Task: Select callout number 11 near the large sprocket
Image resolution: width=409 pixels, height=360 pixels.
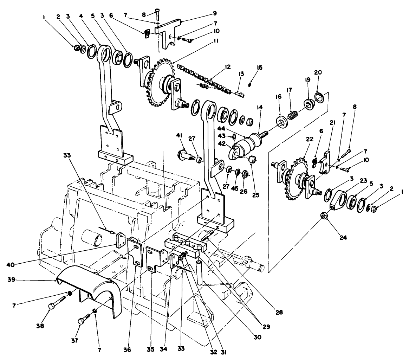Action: tap(215, 41)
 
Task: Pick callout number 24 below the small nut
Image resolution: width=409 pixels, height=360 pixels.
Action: tap(343, 238)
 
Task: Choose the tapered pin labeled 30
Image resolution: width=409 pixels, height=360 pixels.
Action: tap(200, 273)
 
